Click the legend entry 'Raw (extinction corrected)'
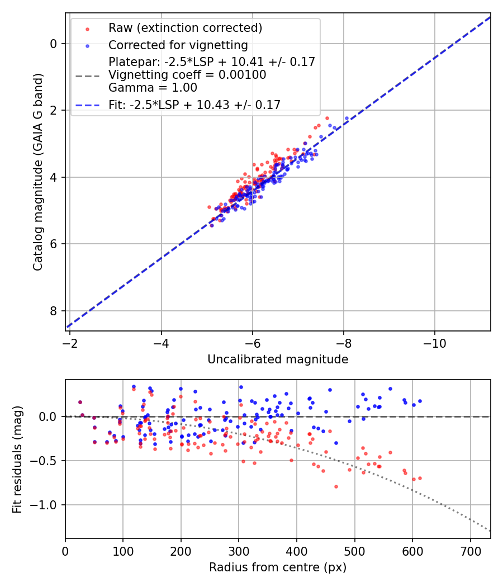click(x=185, y=28)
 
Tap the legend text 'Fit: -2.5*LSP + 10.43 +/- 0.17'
click(x=194, y=105)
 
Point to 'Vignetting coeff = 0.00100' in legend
click(x=187, y=75)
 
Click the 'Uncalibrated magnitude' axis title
click(x=278, y=359)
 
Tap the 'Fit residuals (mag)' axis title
click(x=17, y=459)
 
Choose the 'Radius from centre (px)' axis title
click(x=278, y=567)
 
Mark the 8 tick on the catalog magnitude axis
click(x=53, y=311)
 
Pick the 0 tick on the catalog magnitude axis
click(x=53, y=44)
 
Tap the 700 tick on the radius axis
click(x=470, y=550)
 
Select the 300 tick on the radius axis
click(x=239, y=550)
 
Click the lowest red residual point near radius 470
click(x=336, y=486)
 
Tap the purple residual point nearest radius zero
click(x=80, y=402)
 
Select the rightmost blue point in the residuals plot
click(x=420, y=401)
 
